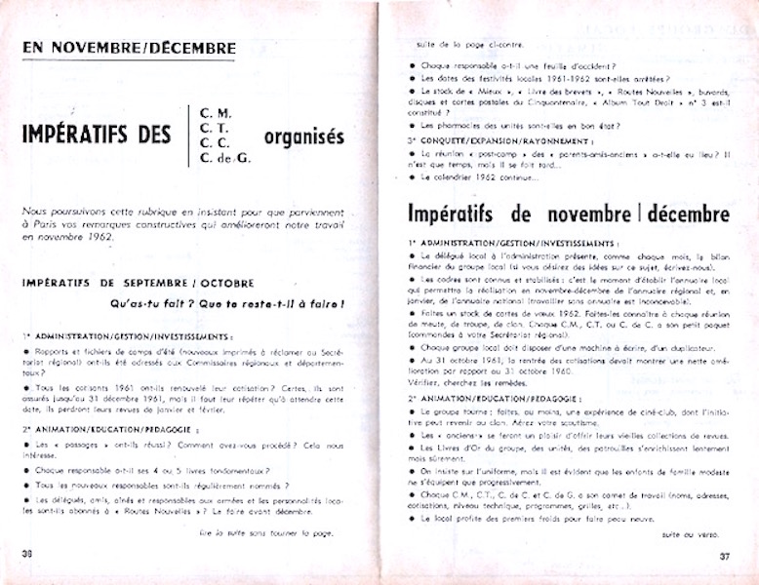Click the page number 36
point(27,556)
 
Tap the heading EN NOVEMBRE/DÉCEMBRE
point(129,47)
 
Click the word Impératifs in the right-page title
point(464,214)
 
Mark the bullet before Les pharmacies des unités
point(414,126)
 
